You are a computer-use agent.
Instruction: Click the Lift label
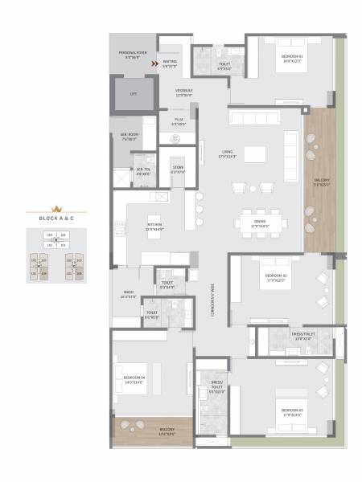[x=134, y=94]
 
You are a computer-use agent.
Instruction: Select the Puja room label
[x=179, y=121]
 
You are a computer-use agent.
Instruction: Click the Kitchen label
[x=154, y=227]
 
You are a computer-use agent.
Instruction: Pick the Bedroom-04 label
[x=134, y=379]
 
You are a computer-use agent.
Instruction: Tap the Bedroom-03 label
[x=292, y=412]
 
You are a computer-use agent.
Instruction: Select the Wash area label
[x=129, y=294]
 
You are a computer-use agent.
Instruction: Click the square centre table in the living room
[x=255, y=154]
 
